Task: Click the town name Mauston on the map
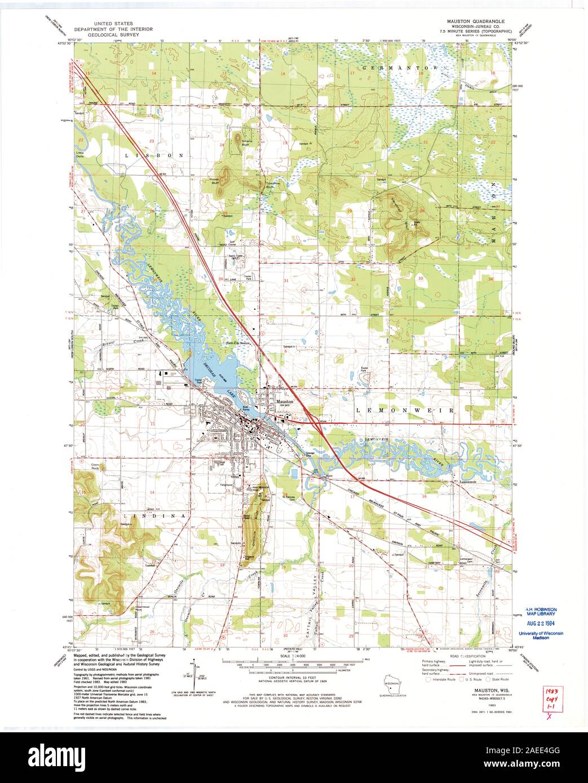pyautogui.click(x=285, y=402)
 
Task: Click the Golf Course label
pyautogui.click(x=232, y=243)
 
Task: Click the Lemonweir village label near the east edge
pyautogui.click(x=467, y=482)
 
